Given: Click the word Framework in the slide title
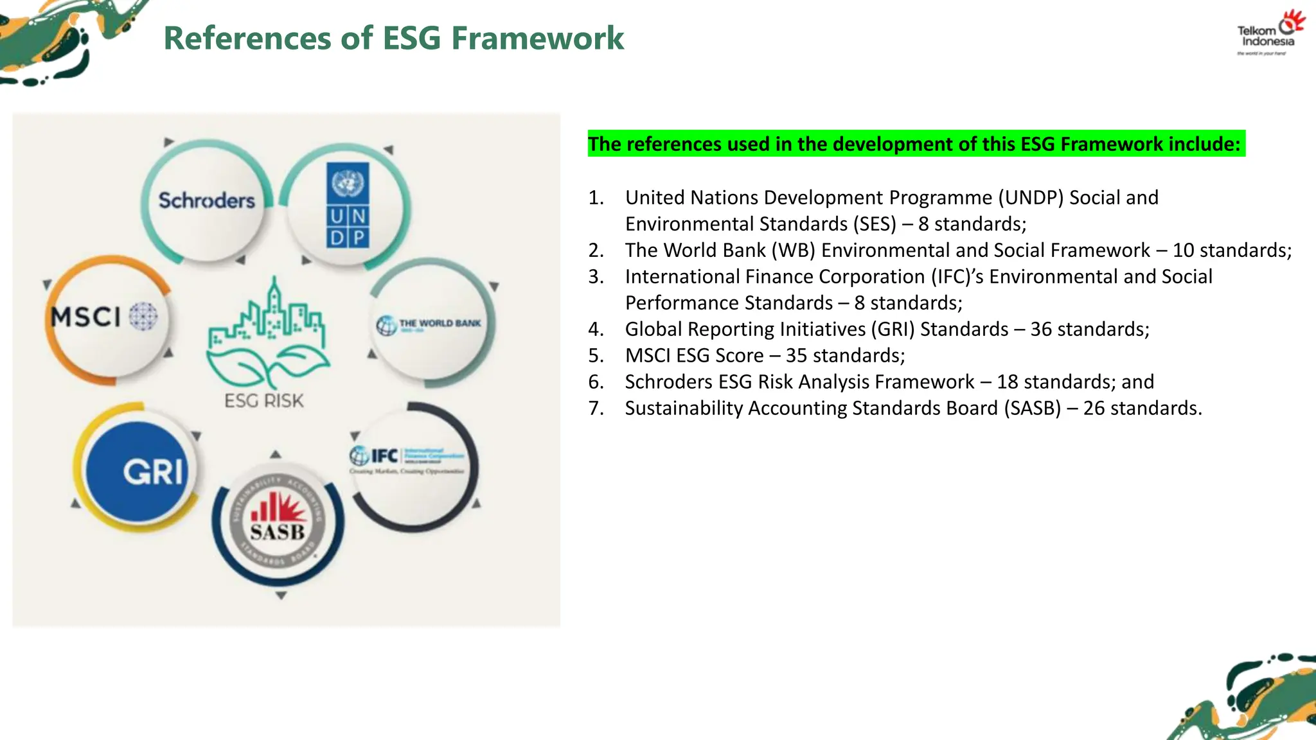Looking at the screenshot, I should point(537,38).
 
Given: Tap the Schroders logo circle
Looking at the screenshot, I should point(206,200).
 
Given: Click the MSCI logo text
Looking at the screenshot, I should point(86,317).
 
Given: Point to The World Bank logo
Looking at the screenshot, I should point(429,324).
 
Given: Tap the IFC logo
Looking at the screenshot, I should point(406,457).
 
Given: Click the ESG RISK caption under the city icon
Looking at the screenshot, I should point(263,401).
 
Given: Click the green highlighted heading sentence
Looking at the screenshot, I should point(915,144).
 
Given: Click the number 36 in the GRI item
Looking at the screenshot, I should point(1041,329).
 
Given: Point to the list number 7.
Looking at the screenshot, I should point(595,409).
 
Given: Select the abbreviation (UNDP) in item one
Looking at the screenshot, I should point(1031,197).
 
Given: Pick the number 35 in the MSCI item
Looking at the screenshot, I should point(796,356).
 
